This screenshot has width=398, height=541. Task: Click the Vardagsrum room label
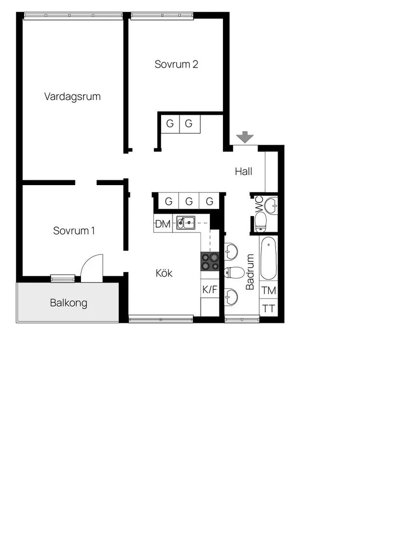(x=72, y=96)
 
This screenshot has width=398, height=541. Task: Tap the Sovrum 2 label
(x=176, y=64)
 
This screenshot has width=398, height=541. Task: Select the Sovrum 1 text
(x=74, y=230)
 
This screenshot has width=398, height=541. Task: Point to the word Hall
(x=244, y=171)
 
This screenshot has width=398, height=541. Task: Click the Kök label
(x=164, y=273)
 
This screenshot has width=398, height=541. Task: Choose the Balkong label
(x=69, y=303)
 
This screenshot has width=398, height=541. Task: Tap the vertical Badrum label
(x=250, y=272)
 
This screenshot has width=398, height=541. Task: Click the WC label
(x=259, y=203)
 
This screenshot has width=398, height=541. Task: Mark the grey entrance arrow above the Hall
(x=246, y=137)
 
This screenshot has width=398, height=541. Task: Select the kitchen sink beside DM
(x=185, y=222)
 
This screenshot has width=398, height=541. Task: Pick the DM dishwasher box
(x=163, y=224)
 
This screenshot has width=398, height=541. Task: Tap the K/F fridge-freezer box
(x=210, y=290)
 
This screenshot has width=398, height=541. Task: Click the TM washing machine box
(x=269, y=291)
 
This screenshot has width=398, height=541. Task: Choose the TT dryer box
(x=269, y=309)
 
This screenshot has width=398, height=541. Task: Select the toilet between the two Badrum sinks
(x=233, y=272)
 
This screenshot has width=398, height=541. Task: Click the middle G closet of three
(x=189, y=201)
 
